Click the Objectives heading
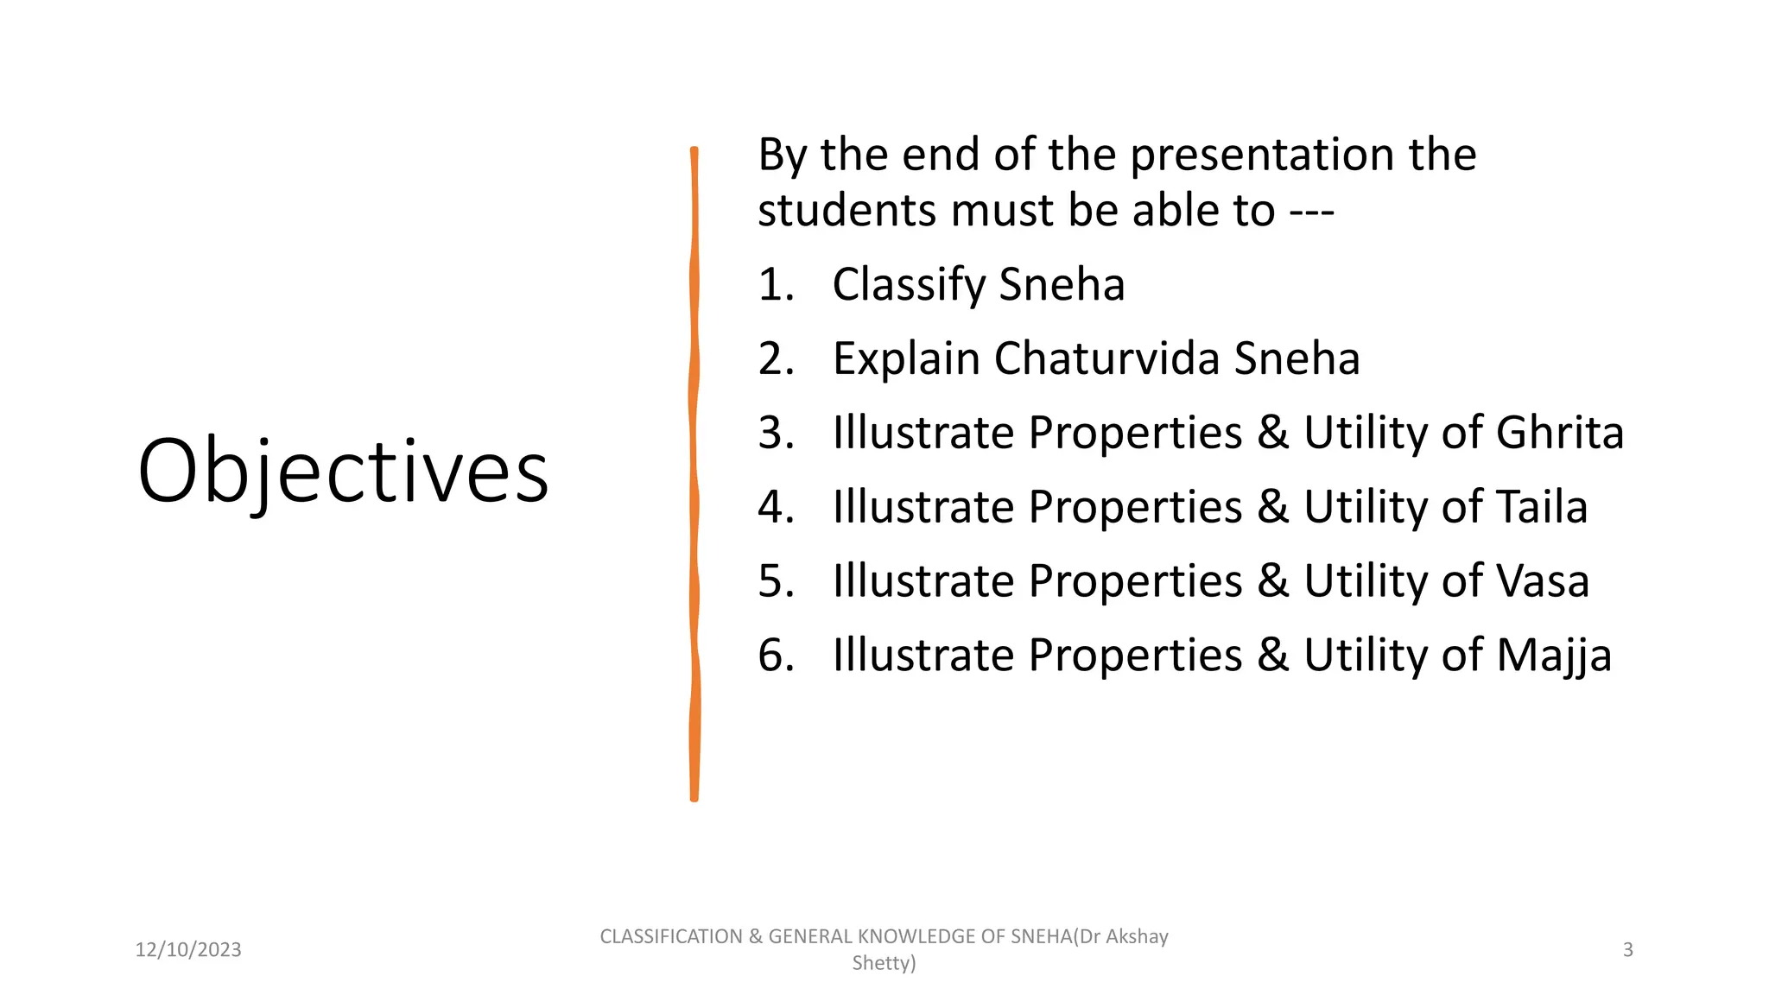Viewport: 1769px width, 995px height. (343, 472)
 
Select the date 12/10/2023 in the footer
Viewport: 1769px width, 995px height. (188, 950)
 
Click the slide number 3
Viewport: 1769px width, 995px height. (1627, 950)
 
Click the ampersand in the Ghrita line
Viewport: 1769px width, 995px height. (1272, 433)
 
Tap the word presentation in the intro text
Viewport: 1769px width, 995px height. (1262, 155)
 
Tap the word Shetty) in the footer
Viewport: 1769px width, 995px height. (884, 963)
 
